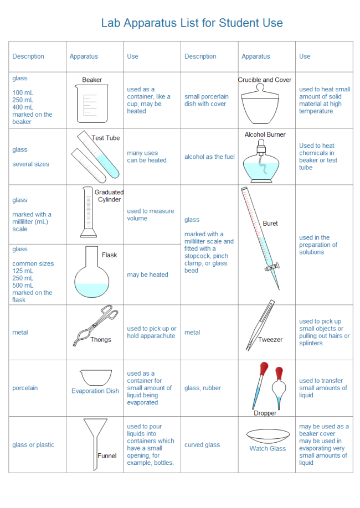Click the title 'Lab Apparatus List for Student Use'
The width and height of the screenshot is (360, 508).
point(192,23)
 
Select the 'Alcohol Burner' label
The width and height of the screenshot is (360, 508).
point(265,134)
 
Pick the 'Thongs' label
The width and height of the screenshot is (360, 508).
point(101,340)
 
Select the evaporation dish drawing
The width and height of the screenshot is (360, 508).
point(95,377)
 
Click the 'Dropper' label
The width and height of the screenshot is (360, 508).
point(265,413)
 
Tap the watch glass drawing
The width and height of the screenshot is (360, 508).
point(268,434)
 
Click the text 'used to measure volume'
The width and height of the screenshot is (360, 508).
point(150,215)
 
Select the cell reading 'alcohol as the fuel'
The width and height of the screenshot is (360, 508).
point(209,157)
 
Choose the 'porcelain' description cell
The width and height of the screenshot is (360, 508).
point(25,388)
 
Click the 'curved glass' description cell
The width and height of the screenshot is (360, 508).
point(202,445)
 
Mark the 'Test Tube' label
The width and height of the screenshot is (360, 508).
point(106,138)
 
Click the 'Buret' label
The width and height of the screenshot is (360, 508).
point(270,224)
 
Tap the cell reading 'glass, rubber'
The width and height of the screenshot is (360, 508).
point(203,388)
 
